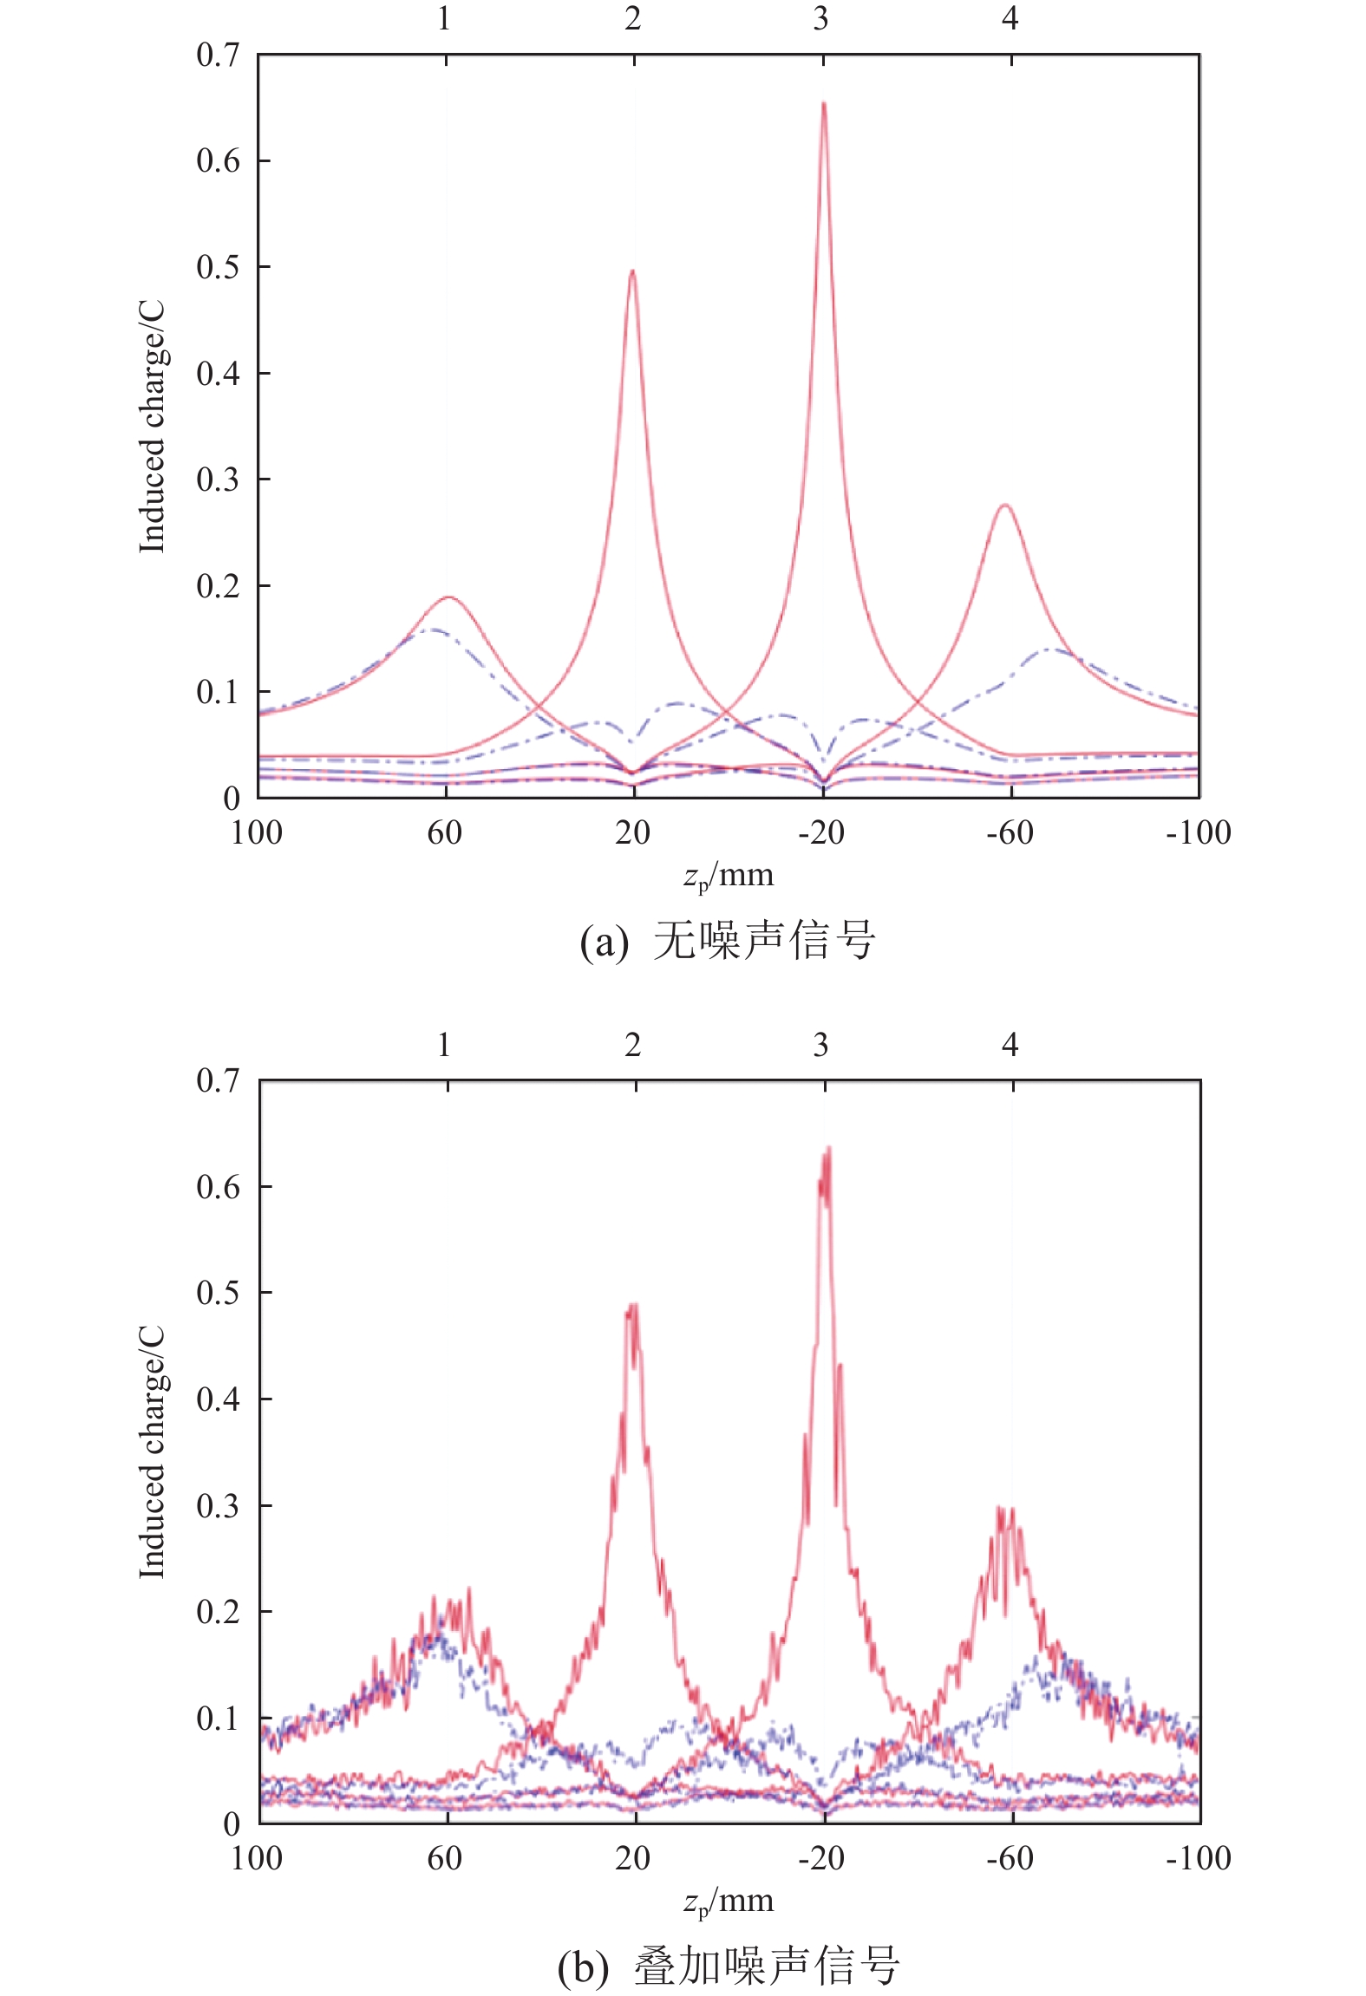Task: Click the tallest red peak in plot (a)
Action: pyautogui.click(x=823, y=105)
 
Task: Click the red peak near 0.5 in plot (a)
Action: pyautogui.click(x=633, y=272)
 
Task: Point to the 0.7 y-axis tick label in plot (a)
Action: pyautogui.click(x=218, y=55)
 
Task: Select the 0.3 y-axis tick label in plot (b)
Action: pyautogui.click(x=218, y=1506)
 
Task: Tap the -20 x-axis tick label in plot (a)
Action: pyautogui.click(x=821, y=833)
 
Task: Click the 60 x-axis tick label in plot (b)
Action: pyautogui.click(x=445, y=1858)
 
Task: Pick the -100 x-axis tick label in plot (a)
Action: pyautogui.click(x=1198, y=833)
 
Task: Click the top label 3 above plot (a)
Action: pyautogui.click(x=821, y=18)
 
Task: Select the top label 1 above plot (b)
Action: pyautogui.click(x=445, y=1044)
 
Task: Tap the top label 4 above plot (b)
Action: pyautogui.click(x=1010, y=1044)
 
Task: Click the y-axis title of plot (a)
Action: pyautogui.click(x=153, y=427)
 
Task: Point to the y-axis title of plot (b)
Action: pyautogui.click(x=153, y=1452)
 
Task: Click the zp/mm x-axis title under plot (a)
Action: pyautogui.click(x=729, y=876)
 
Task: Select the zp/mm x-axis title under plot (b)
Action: pyautogui.click(x=729, y=1901)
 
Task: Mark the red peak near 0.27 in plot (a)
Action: pyautogui.click(x=1005, y=506)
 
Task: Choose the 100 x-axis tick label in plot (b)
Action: pyautogui.click(x=257, y=1858)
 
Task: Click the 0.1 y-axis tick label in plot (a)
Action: pyautogui.click(x=218, y=692)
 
